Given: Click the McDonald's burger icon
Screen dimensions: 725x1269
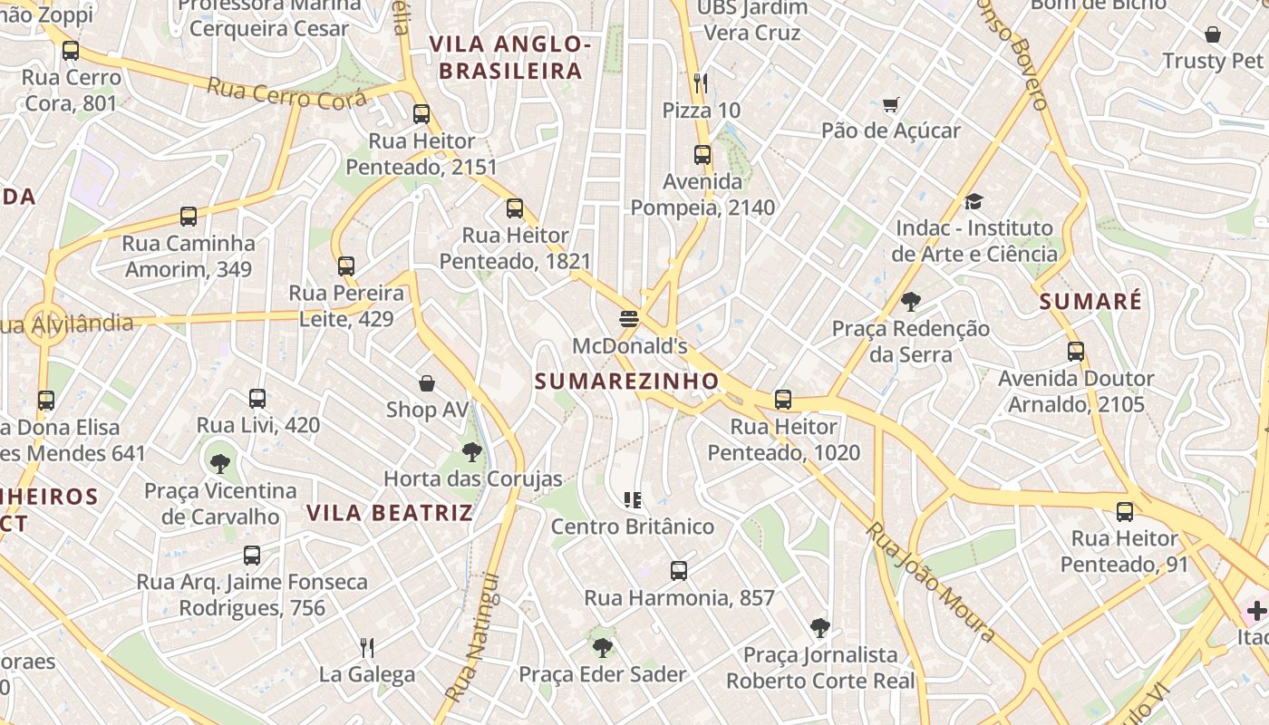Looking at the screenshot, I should coord(629,319).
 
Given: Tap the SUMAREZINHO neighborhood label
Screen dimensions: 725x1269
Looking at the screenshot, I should coord(626,382).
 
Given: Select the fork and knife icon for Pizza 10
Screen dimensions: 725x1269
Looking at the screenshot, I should coord(700,83).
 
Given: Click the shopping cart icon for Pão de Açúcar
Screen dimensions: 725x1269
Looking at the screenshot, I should coord(890,105).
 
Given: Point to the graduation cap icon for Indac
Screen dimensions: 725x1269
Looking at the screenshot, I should coord(974,201).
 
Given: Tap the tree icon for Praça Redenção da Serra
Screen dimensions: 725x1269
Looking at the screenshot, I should coord(910,302).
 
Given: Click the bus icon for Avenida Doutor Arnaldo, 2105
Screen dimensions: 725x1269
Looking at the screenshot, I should coord(1076,352).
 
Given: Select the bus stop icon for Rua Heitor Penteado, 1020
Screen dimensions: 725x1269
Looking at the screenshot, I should coord(783,400).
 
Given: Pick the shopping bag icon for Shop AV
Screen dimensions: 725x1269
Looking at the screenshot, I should coord(427,383).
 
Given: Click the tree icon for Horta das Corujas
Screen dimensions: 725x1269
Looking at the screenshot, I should coord(471,451).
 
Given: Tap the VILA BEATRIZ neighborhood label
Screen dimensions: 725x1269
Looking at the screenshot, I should coord(390,513).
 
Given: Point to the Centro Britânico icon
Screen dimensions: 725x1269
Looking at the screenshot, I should coord(633,499).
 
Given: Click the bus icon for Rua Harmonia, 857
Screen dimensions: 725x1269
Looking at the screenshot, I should coord(679,571).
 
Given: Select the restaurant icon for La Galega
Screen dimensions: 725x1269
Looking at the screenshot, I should coord(367,647).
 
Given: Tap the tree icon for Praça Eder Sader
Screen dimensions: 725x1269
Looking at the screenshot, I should coord(602,647).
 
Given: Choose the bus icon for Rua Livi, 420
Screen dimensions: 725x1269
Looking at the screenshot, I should coord(257,399).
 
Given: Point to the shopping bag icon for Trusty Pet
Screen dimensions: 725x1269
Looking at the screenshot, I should coord(1213,34).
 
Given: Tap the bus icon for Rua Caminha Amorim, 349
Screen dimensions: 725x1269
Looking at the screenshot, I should coord(189,217).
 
